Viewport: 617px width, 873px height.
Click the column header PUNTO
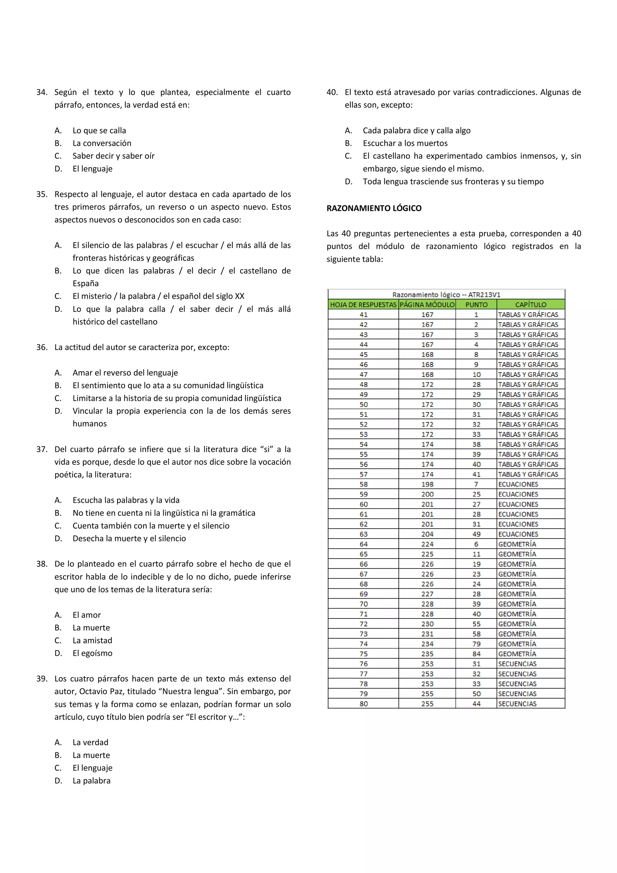tap(476, 305)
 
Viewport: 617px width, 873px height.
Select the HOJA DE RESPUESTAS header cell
tap(363, 305)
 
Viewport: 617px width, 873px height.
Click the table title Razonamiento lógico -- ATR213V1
tap(446, 295)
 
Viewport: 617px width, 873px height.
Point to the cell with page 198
tap(427, 484)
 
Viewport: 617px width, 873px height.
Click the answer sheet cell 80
tap(363, 703)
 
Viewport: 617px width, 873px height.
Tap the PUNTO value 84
tap(476, 654)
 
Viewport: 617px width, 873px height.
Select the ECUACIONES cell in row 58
tap(518, 484)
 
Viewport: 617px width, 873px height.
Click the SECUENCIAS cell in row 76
tap(517, 664)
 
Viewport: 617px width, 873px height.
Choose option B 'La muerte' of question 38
tap(91, 628)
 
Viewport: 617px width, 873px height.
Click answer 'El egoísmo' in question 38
tap(92, 653)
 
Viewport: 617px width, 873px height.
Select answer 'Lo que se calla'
tap(99, 130)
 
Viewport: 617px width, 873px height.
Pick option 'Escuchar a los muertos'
tap(405, 143)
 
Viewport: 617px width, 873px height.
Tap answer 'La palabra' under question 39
tap(91, 781)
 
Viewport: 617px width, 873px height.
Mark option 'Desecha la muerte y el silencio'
tap(129, 538)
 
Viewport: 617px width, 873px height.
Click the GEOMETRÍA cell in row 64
tap(517, 544)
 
